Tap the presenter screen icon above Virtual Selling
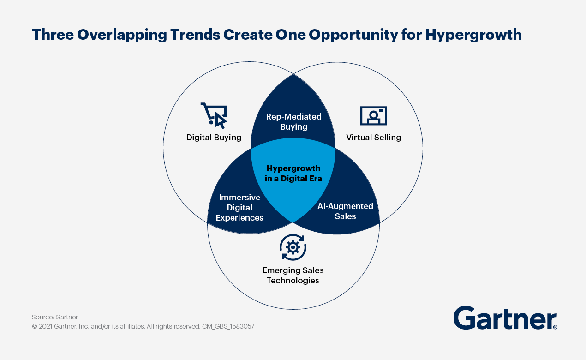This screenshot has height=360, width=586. (373, 116)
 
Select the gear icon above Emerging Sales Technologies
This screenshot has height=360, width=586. (293, 247)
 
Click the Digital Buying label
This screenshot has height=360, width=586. (214, 138)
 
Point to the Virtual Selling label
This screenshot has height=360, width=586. (373, 138)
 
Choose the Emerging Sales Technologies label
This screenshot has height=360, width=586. (293, 276)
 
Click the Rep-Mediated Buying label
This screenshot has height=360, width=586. (293, 122)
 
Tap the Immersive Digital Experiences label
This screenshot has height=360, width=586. (239, 208)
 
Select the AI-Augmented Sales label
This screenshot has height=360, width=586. (345, 211)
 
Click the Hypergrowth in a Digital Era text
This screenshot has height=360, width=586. (293, 174)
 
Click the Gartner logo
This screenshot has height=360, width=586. (505, 318)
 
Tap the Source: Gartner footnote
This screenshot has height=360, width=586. (55, 317)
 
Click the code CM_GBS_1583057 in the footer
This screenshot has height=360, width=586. (228, 326)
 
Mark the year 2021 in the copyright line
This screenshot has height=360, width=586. (45, 326)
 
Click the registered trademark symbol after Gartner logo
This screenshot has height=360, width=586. (555, 327)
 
